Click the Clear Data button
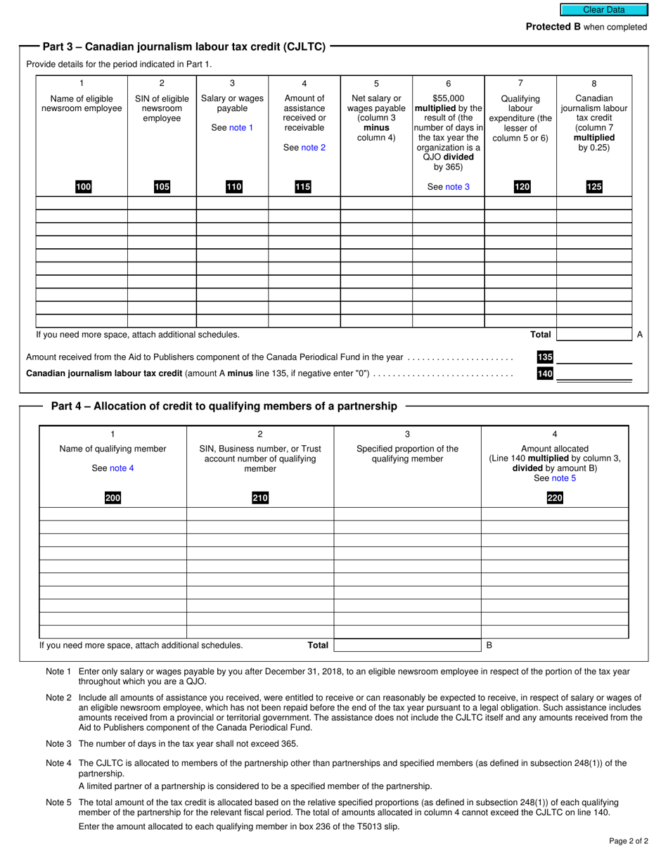[603, 10]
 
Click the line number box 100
[84, 187]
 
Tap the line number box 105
[162, 187]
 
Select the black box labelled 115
[304, 187]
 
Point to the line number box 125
[593, 187]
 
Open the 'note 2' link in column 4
[314, 148]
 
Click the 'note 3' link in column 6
[457, 187]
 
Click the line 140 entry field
[593, 373]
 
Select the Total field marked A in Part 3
[593, 335]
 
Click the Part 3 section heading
[184, 47]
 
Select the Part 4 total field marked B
[555, 644]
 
